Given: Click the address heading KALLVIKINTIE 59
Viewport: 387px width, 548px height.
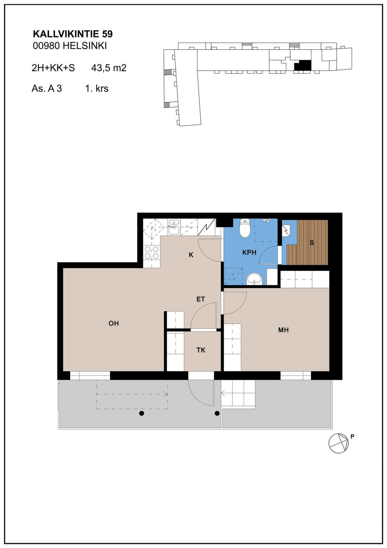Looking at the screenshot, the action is pyautogui.click(x=73, y=34).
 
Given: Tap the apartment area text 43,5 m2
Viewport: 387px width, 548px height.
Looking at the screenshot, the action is pyautogui.click(x=109, y=68).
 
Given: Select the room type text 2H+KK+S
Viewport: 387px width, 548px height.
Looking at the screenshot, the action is pyautogui.click(x=53, y=68).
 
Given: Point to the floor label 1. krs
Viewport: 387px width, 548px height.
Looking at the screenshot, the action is pyautogui.click(x=97, y=89).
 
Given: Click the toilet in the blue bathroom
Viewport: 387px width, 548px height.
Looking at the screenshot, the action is pyautogui.click(x=245, y=228).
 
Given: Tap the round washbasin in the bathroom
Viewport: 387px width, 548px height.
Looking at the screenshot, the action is pyautogui.click(x=254, y=279).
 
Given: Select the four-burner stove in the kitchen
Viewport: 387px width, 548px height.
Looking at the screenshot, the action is pyautogui.click(x=152, y=253).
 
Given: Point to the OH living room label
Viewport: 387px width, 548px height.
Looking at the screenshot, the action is pyautogui.click(x=114, y=323).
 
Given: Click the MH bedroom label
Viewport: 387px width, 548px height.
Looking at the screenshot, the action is pyautogui.click(x=283, y=330).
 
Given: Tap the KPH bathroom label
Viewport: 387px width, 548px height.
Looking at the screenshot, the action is pyautogui.click(x=249, y=252).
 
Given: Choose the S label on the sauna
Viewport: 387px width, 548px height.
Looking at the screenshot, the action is pyautogui.click(x=312, y=242).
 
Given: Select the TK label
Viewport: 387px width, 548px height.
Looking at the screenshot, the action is pyautogui.click(x=201, y=350).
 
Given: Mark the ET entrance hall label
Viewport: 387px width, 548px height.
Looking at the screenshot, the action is pyautogui.click(x=200, y=299).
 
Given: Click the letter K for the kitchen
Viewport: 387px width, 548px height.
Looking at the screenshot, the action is pyautogui.click(x=191, y=255).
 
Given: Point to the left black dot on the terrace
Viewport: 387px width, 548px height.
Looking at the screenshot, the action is pyautogui.click(x=142, y=413).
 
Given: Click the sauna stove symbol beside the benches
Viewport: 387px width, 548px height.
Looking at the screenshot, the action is pyautogui.click(x=286, y=230).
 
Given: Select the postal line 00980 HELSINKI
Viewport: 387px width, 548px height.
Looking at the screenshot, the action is pyautogui.click(x=70, y=46).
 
